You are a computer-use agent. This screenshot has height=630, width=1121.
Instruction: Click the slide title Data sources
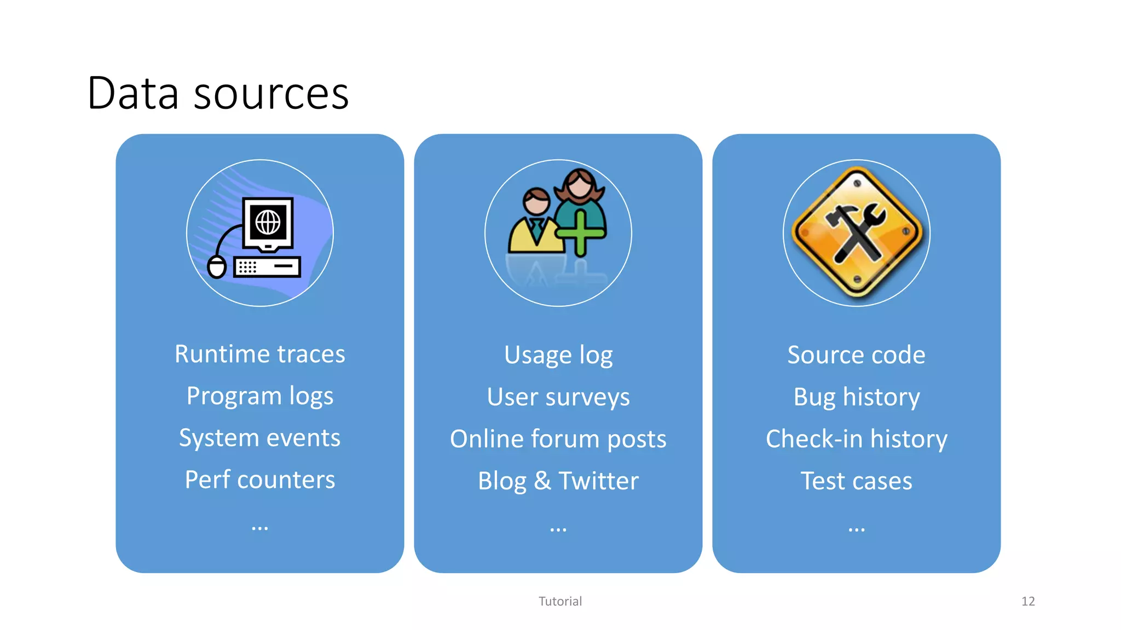218,94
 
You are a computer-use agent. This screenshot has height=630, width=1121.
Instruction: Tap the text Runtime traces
259,354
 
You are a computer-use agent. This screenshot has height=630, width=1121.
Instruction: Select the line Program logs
259,396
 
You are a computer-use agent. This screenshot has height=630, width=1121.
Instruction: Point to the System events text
259,438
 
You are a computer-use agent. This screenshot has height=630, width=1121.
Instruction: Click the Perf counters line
259,480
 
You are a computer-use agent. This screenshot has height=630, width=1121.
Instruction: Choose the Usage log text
558,355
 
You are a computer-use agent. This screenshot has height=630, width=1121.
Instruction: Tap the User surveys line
558,397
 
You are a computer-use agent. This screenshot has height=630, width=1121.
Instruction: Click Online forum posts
558,439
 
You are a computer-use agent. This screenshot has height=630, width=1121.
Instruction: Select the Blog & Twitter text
558,481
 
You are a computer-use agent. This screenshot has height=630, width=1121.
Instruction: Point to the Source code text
856,355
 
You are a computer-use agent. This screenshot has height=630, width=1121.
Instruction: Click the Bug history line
856,397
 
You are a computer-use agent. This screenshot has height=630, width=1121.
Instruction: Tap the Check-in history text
856,439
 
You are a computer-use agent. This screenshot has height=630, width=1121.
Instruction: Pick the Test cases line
856,481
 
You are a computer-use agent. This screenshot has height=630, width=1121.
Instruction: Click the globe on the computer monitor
268,222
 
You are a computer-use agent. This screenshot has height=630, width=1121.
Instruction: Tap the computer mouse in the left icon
217,267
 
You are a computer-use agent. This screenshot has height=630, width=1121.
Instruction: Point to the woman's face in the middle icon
580,185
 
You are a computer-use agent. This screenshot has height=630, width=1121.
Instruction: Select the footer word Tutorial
560,602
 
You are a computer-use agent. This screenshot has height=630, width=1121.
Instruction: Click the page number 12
1027,602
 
